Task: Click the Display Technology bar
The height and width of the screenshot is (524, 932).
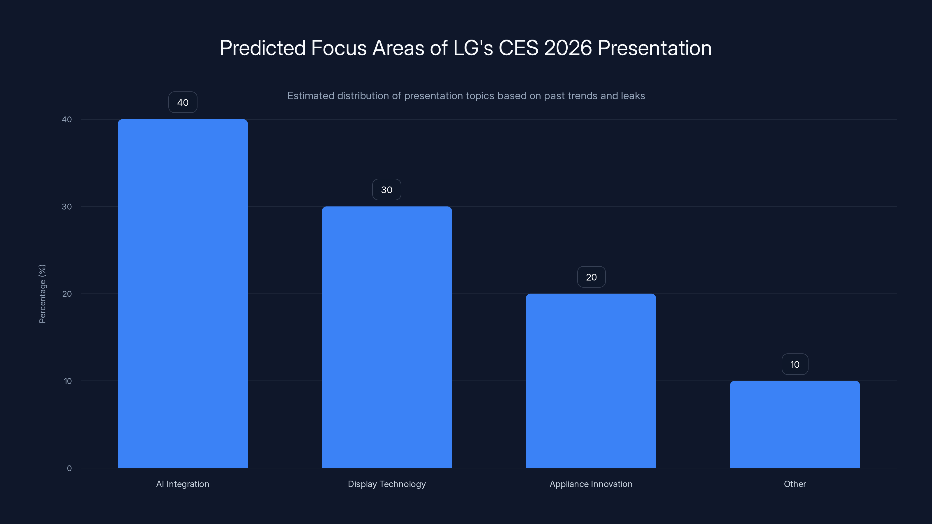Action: coord(387,337)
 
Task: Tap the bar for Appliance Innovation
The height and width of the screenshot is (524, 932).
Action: coord(591,380)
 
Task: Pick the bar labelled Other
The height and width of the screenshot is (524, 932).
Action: coord(795,424)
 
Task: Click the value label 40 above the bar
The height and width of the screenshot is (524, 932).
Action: coord(183,102)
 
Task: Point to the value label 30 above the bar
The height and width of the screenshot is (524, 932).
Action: coord(387,190)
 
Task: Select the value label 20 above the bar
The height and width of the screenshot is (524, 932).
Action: coord(591,277)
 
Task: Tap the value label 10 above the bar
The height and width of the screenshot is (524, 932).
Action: coord(795,364)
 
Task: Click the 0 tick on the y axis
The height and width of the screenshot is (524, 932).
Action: coord(69,468)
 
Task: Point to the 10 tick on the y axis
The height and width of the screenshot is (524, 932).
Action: coord(68,381)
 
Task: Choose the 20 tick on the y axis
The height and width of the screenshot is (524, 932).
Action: coord(67,294)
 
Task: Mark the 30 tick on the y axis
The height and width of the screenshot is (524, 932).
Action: coord(67,206)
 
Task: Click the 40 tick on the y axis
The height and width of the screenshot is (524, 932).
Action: coord(67,119)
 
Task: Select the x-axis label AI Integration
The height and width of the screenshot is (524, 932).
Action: coord(183,484)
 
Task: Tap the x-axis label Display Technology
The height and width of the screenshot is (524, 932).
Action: coord(387,484)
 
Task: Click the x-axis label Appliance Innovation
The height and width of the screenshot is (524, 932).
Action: coord(591,484)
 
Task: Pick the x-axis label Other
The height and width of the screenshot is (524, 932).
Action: coord(795,484)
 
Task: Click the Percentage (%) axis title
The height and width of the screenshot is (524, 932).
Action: coord(42,294)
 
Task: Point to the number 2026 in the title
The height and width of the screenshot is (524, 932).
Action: coord(568,48)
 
